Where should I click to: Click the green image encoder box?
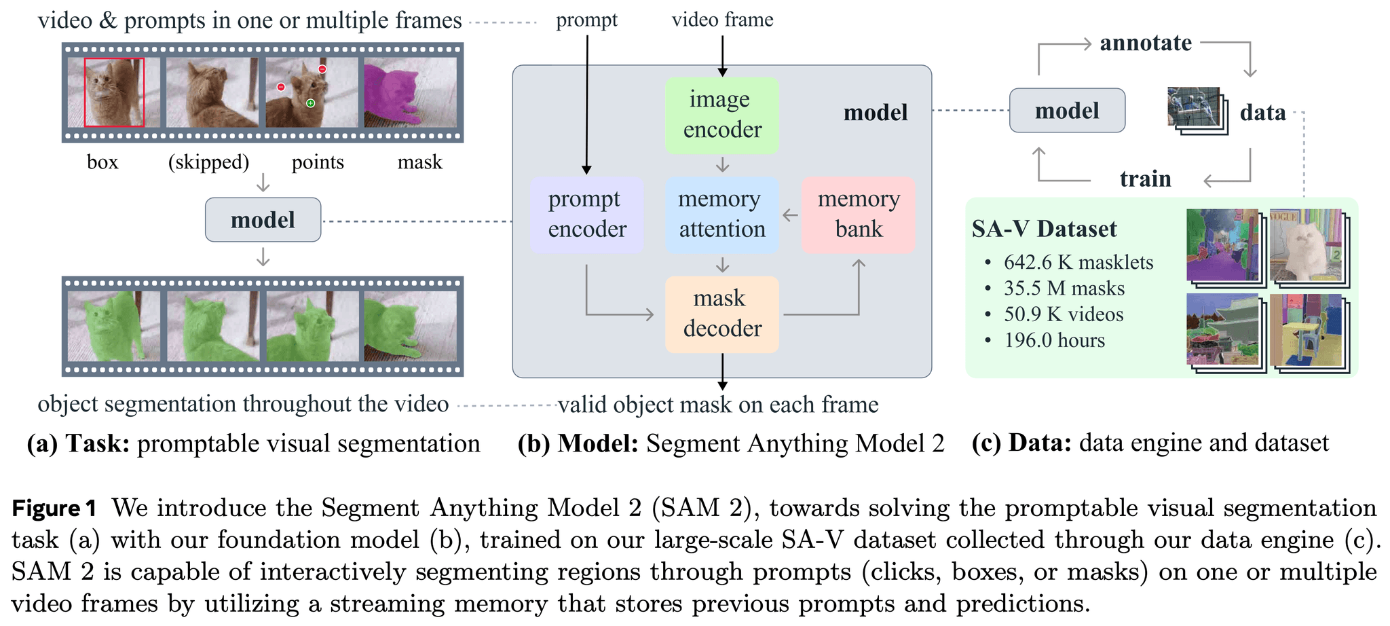(x=721, y=115)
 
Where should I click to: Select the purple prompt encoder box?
(x=587, y=215)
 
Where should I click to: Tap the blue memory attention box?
(x=722, y=215)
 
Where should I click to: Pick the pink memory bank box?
(x=859, y=215)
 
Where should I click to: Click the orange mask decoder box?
(x=722, y=314)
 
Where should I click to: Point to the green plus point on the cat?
(x=310, y=103)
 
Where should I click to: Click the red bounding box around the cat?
(x=114, y=92)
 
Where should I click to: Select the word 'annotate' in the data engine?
(x=1146, y=43)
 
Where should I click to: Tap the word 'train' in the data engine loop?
(x=1146, y=179)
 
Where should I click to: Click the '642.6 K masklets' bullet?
(x=1078, y=263)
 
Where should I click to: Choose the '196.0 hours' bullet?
(x=1054, y=340)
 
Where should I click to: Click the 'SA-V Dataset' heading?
(x=1044, y=229)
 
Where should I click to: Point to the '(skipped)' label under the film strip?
(x=208, y=162)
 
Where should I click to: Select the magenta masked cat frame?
(x=410, y=92)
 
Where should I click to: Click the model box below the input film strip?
(x=263, y=220)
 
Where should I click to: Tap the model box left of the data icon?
(x=1067, y=111)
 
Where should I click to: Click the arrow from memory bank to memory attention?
(x=790, y=215)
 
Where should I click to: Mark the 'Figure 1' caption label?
(x=54, y=509)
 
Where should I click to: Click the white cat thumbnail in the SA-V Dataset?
(x=1306, y=245)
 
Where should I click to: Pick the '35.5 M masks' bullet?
(x=1064, y=289)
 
